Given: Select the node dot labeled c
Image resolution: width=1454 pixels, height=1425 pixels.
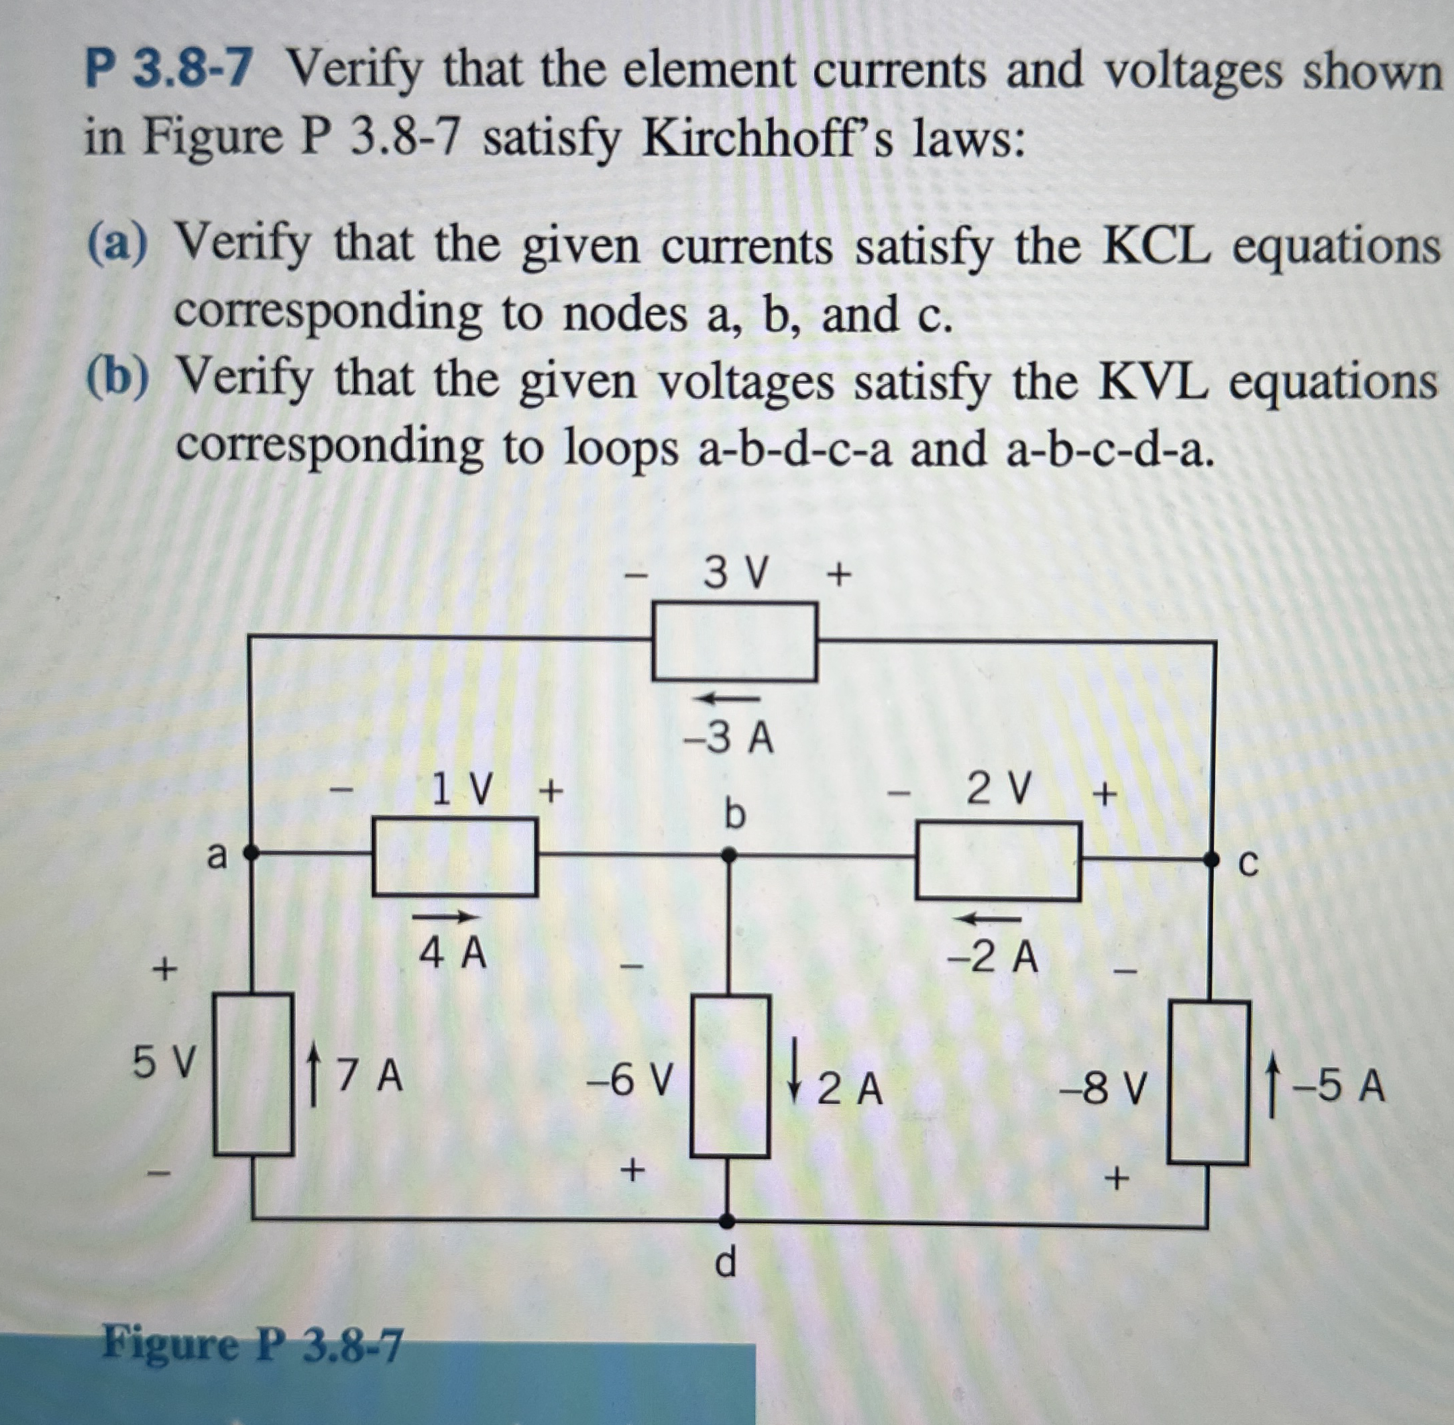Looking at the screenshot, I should (1211, 860).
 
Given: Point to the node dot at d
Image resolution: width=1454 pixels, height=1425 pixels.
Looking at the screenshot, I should (724, 1220).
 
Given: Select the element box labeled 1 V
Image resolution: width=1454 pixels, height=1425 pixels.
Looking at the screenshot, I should (455, 857).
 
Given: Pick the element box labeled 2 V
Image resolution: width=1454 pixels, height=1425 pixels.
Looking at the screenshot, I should (998, 861).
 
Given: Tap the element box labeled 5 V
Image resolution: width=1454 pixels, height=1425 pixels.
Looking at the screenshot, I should (253, 1073).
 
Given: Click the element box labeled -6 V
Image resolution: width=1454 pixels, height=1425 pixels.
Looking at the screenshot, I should (730, 1075).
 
